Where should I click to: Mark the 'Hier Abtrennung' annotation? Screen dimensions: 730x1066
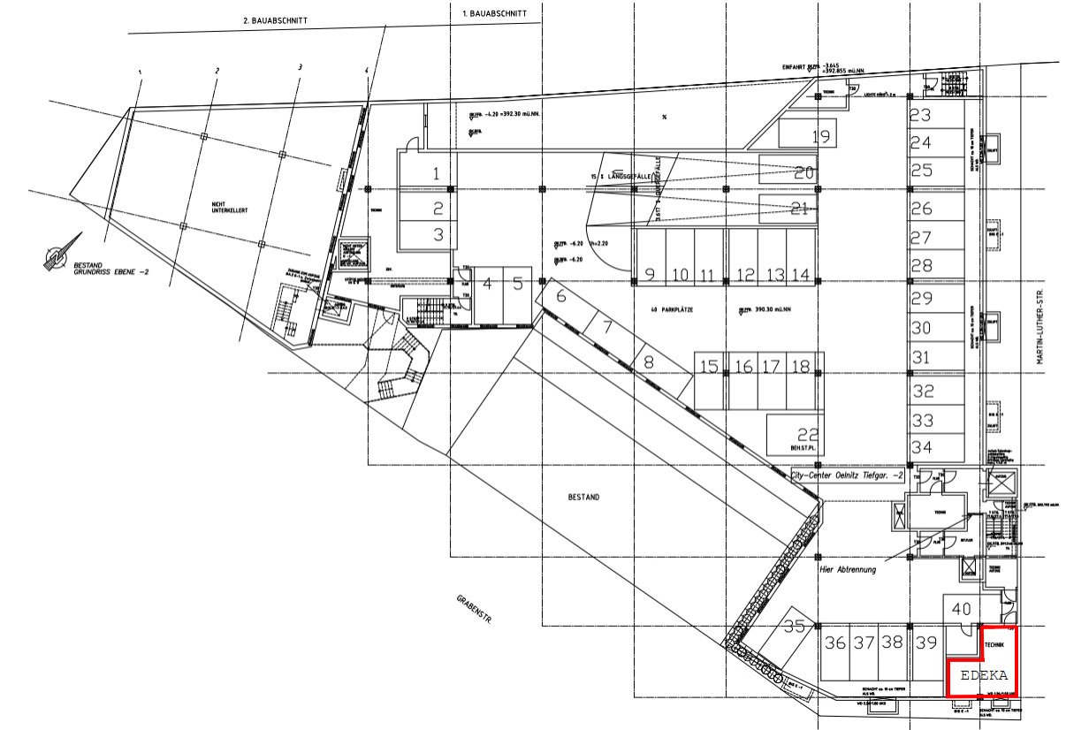(846, 570)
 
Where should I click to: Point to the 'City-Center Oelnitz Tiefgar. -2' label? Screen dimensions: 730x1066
(848, 474)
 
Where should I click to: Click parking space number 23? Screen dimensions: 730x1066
(921, 115)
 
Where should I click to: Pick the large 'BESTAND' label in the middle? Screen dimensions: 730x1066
(583, 498)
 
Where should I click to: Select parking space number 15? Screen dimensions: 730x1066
(708, 367)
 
